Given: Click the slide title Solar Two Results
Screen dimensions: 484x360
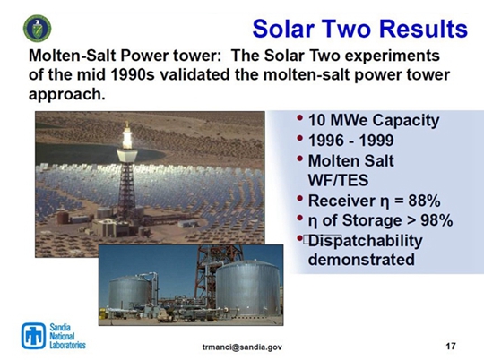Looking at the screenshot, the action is click(360, 29).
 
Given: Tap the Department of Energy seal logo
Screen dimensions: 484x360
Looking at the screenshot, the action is click(37, 29).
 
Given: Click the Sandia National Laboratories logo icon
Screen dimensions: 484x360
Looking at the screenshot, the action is click(33, 336).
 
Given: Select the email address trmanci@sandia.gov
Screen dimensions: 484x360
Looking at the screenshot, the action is click(242, 347).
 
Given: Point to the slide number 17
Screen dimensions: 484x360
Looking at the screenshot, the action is click(451, 346).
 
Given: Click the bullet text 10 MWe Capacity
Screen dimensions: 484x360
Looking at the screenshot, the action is click(374, 120).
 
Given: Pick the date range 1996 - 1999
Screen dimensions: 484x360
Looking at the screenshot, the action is click(351, 141).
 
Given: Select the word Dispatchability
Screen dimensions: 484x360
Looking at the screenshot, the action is click(365, 241).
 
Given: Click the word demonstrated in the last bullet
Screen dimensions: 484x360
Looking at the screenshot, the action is click(361, 259).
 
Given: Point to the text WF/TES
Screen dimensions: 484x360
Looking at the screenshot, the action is click(338, 180).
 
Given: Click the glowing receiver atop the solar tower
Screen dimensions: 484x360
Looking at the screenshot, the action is click(127, 138).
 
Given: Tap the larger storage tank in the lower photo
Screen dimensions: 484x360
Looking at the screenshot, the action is click(248, 287).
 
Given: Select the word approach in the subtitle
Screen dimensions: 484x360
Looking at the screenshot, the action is click(65, 94).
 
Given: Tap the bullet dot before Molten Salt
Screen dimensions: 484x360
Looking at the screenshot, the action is click(299, 159).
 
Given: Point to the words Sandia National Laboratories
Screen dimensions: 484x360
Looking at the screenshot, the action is click(68, 336).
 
